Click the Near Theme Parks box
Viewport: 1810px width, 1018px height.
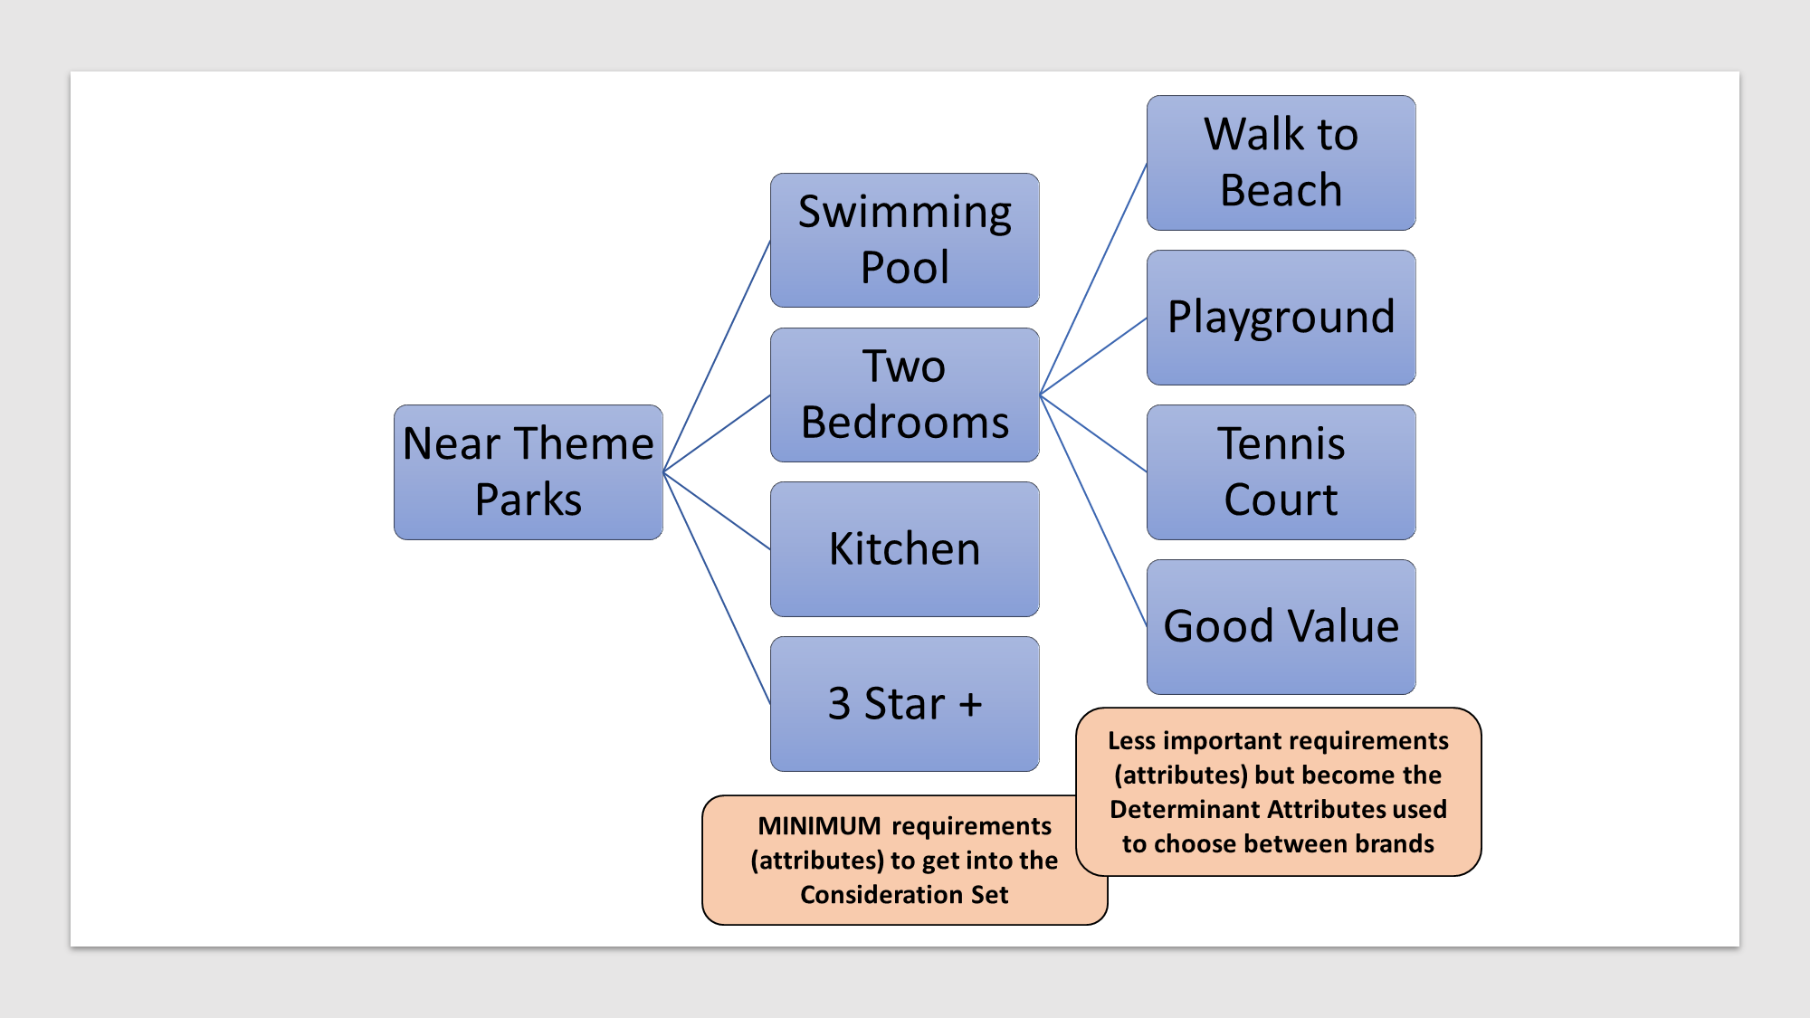[529, 471]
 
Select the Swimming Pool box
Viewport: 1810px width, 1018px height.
[904, 240]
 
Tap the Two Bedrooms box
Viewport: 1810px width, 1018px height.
[904, 395]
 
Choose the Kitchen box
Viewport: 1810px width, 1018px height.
[904, 549]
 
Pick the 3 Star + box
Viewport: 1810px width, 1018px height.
[904, 704]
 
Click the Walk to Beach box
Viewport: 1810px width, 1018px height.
[1281, 163]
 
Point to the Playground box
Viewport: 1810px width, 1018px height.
[1281, 318]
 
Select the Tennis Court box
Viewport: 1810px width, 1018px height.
[1281, 472]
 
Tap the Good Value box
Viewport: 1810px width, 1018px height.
[1281, 627]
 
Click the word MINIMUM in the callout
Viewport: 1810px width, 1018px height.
[819, 826]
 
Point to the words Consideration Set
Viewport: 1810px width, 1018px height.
[904, 895]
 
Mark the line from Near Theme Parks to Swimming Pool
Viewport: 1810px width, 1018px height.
[717, 356]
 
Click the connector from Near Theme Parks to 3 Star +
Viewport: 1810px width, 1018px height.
[717, 588]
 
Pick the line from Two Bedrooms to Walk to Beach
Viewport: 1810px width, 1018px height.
[1093, 279]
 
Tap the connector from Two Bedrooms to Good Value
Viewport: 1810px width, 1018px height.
[1093, 510]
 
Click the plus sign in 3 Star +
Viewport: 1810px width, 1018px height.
[970, 704]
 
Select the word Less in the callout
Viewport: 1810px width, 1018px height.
[1131, 741]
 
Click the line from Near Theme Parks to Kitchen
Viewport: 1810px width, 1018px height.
[717, 510]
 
